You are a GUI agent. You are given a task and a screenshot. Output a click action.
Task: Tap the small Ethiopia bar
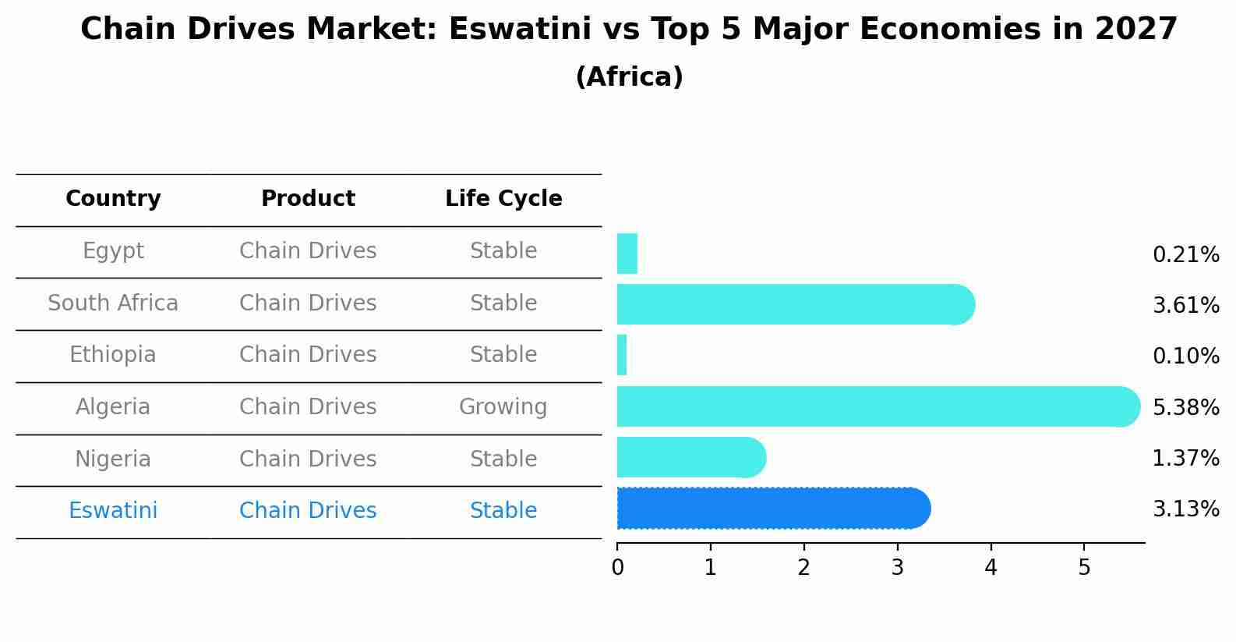(x=622, y=356)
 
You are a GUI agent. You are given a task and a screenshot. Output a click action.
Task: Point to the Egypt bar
(x=627, y=254)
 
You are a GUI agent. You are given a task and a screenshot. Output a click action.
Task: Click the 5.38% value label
(x=1185, y=407)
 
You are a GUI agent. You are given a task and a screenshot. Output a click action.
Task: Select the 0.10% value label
(x=1185, y=356)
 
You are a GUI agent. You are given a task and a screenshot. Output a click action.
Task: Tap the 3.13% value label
(x=1185, y=509)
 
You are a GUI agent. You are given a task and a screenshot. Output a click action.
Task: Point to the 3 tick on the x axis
(x=897, y=568)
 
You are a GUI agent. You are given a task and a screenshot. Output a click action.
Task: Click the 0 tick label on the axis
(x=617, y=568)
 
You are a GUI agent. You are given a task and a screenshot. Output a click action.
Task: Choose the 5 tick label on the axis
(x=1084, y=568)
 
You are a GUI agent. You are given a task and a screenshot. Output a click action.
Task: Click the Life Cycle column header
(x=503, y=199)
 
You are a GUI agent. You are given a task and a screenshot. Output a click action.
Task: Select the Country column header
(x=113, y=199)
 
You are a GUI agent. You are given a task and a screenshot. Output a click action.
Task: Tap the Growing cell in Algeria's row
(x=503, y=407)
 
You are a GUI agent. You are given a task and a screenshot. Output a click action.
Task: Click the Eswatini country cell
(x=113, y=511)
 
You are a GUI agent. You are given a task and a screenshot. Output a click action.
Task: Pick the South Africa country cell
(x=113, y=303)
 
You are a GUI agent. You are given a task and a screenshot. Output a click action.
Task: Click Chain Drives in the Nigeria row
(x=308, y=459)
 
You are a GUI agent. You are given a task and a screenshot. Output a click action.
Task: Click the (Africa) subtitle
(x=629, y=77)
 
